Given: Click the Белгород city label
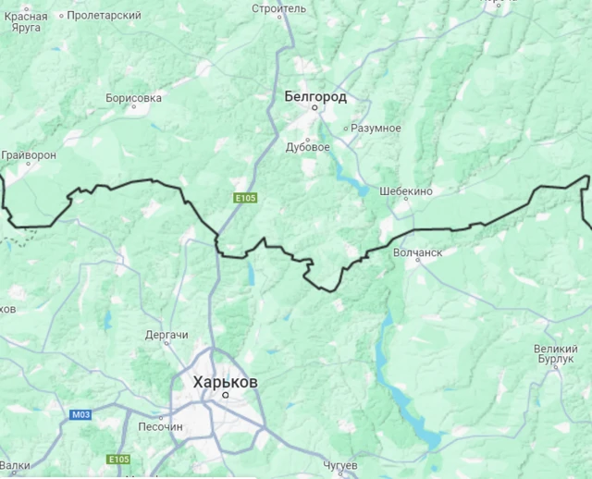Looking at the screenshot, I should pos(315,96).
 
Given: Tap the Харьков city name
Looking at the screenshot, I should pos(226,381).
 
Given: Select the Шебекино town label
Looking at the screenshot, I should pos(406,191).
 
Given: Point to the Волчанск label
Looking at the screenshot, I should pos(418,252).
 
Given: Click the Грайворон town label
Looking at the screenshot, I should pos(30,154).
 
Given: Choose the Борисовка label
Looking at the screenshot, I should pos(134,97).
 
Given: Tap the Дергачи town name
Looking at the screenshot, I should pos(166,334).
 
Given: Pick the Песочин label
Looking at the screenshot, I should pos(160,427).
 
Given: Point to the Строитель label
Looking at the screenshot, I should pos(278,8).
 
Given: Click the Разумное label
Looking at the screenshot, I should pos(374,128).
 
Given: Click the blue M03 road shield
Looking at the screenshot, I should pos(81,415).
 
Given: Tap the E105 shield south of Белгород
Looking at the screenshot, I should pos(245,198).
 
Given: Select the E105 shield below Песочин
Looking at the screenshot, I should pos(118,460).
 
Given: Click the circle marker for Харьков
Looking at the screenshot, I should pos(225,395).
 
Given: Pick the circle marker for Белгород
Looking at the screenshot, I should pos(314,108).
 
